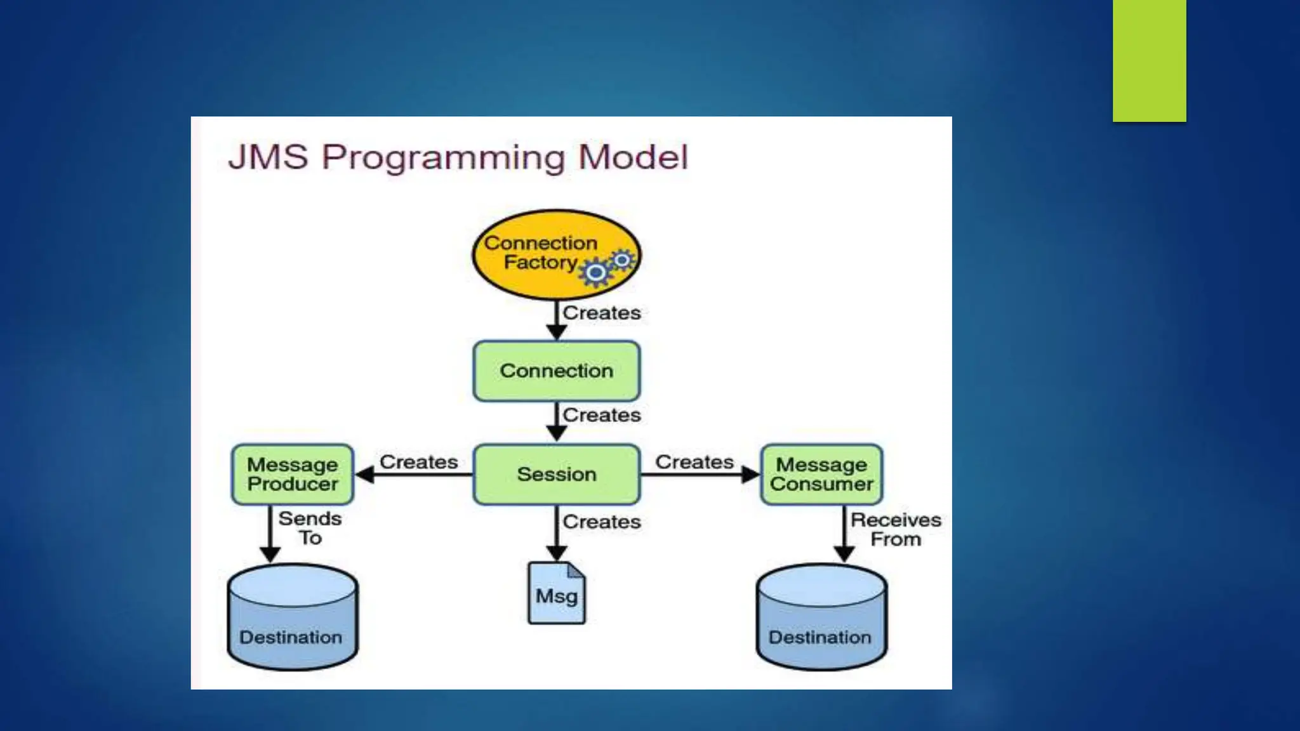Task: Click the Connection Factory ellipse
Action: (540, 254)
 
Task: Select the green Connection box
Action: (557, 371)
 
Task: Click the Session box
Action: (557, 475)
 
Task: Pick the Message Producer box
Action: (293, 475)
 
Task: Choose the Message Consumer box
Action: (821, 475)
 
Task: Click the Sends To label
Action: (310, 528)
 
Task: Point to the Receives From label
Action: (896, 529)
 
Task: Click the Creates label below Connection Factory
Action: (602, 313)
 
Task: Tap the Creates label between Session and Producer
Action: (419, 462)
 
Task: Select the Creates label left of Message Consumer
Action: (694, 462)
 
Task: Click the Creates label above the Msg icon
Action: (602, 522)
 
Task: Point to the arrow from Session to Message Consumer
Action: (698, 475)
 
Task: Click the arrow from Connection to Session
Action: (557, 422)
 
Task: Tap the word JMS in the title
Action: (269, 157)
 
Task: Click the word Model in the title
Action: (633, 157)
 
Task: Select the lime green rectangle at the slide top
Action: (1149, 60)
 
